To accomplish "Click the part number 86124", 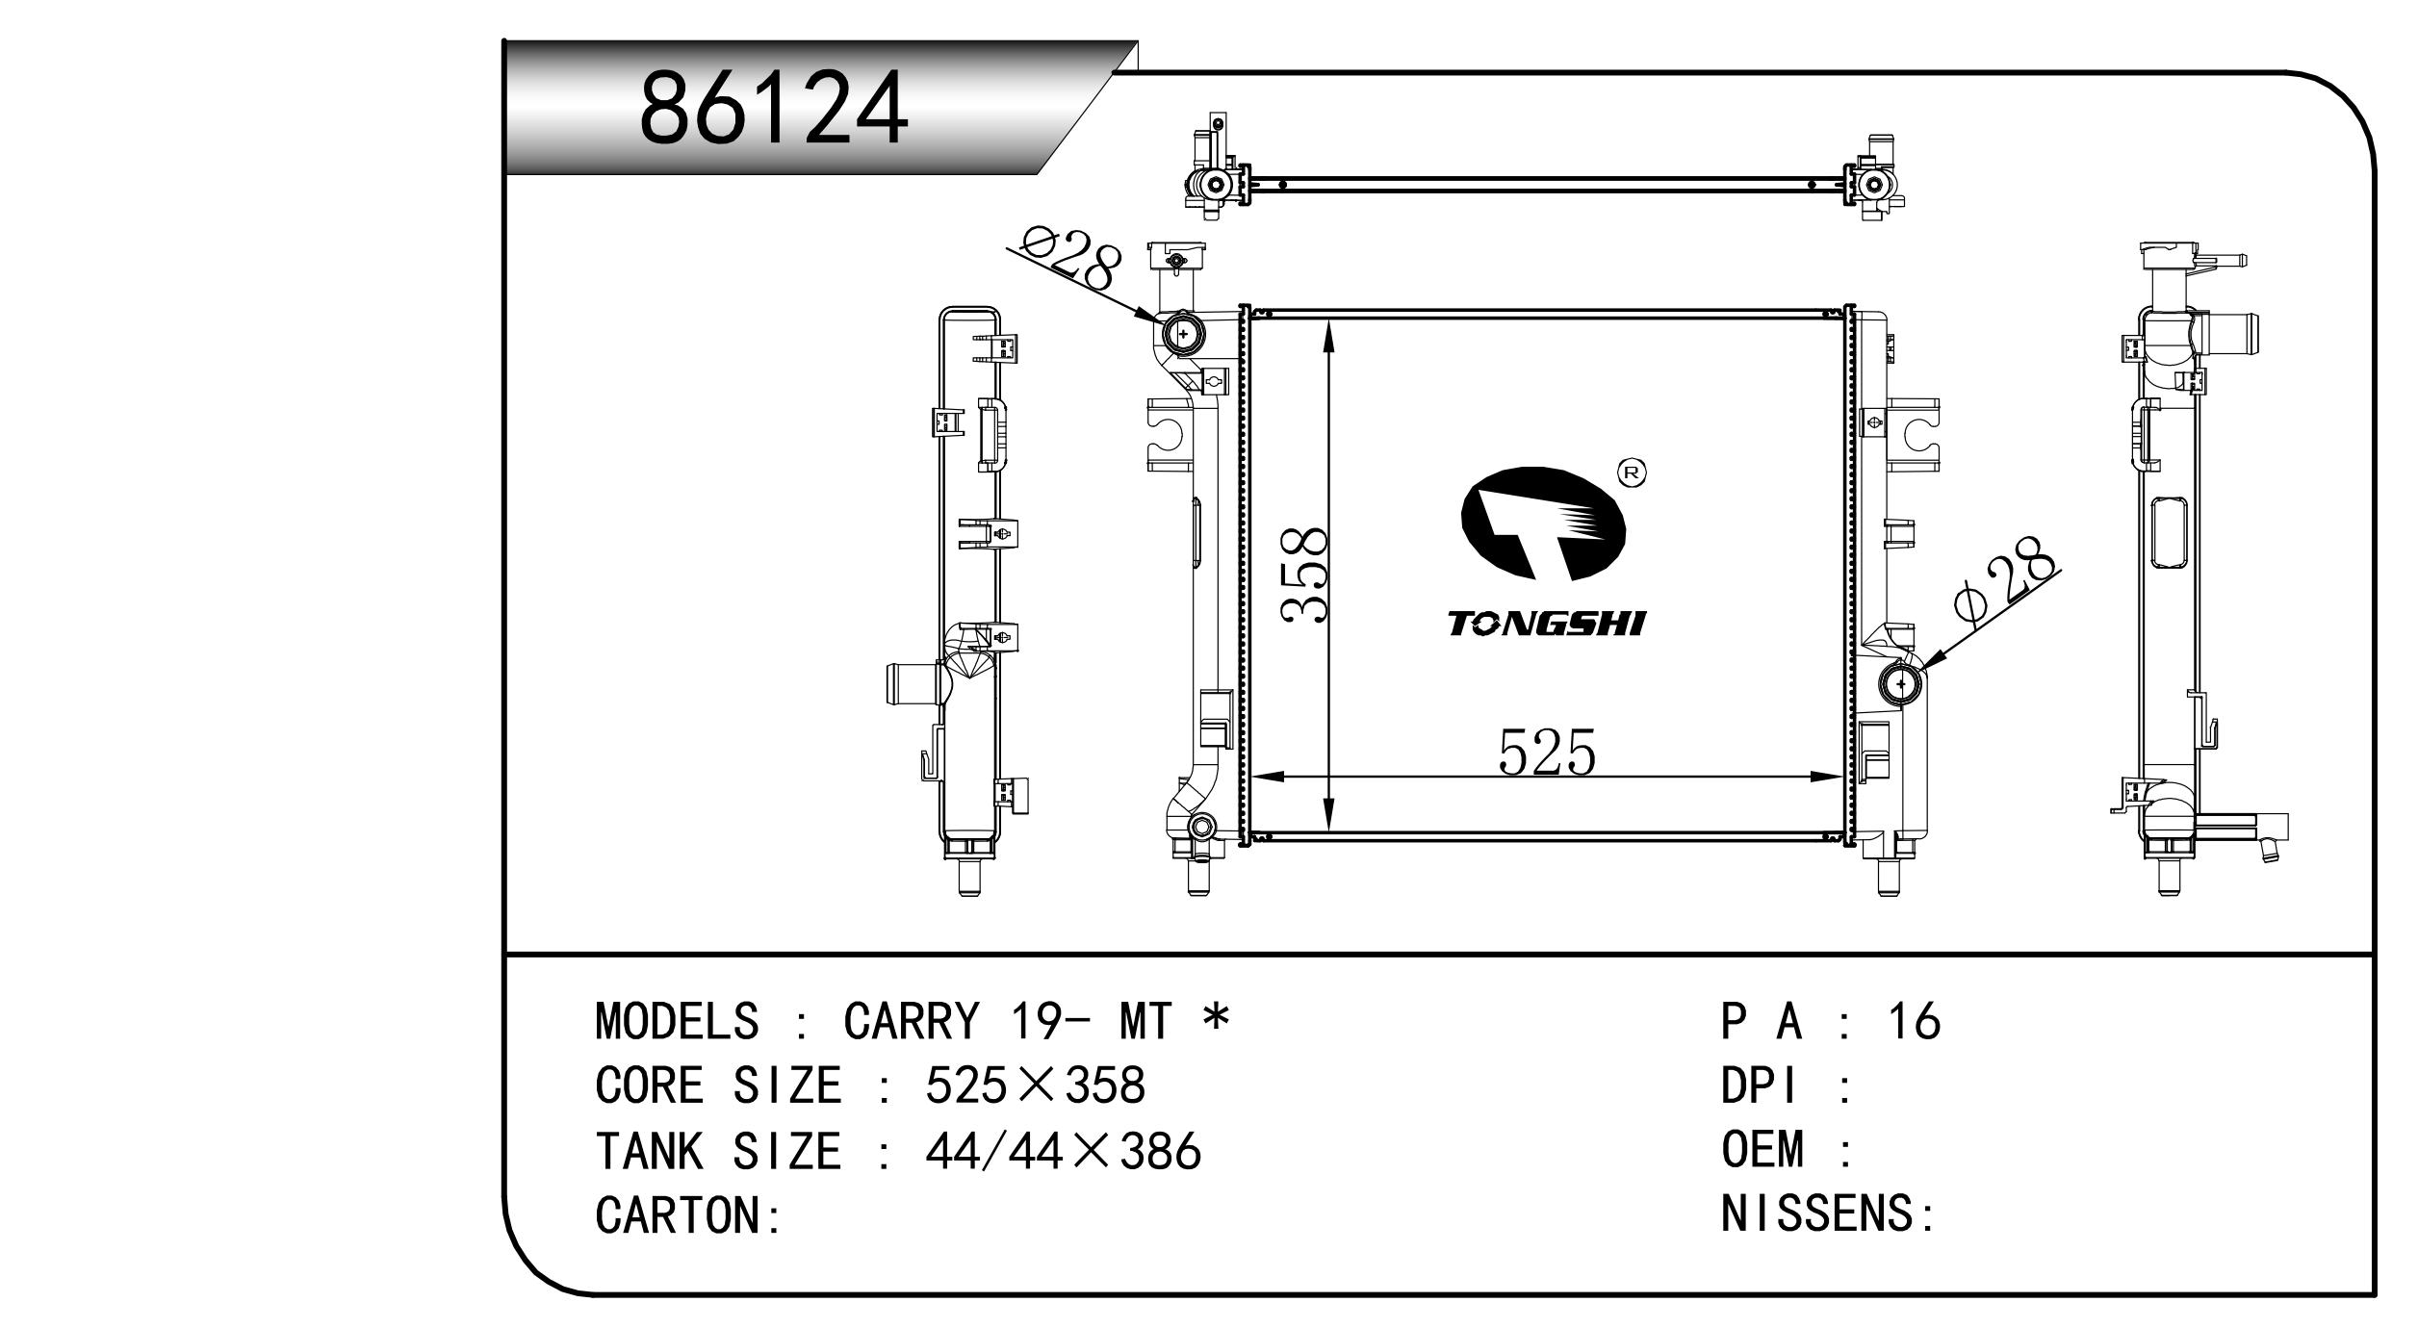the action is (x=774, y=108).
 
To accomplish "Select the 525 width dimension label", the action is (x=1547, y=752).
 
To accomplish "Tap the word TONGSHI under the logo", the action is (x=1547, y=625).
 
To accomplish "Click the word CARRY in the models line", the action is (x=911, y=1021).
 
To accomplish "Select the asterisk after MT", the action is (x=1217, y=1016).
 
